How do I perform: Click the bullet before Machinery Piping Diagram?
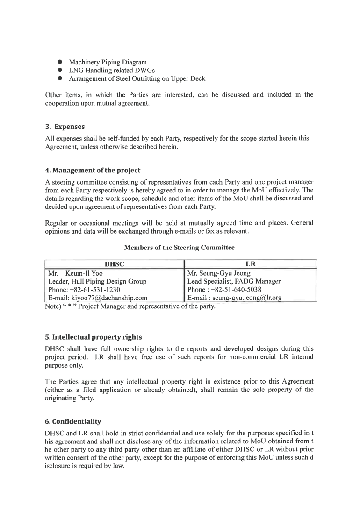click(60, 62)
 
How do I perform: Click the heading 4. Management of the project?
click(93, 170)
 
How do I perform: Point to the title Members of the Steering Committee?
click(180, 247)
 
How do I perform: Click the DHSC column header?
click(114, 264)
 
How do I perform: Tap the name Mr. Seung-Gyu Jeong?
click(218, 273)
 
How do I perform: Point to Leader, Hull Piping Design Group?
click(97, 281)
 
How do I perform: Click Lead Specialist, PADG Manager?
click(234, 281)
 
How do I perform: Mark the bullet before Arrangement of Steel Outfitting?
click(60, 78)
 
